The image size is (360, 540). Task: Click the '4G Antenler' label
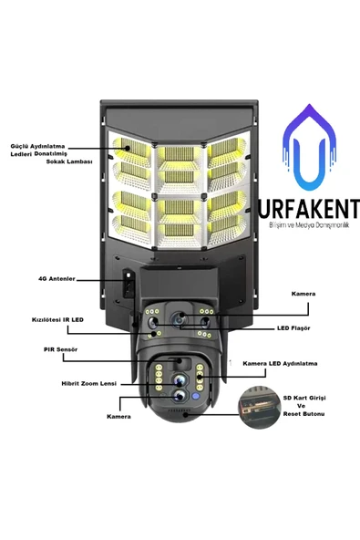pyautogui.click(x=57, y=278)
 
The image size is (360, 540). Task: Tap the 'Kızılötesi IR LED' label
pyautogui.click(x=57, y=320)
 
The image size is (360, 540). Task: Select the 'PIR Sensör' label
pyautogui.click(x=60, y=349)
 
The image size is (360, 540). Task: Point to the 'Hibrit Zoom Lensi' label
pyautogui.click(x=88, y=383)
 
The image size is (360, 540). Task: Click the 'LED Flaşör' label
pyautogui.click(x=293, y=328)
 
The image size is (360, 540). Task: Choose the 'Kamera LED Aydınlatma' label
pyautogui.click(x=280, y=364)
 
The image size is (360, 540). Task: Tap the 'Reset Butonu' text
pyautogui.click(x=303, y=414)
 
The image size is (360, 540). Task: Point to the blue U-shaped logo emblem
pyautogui.click(x=309, y=145)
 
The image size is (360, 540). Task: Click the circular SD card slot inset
pyautogui.click(x=260, y=408)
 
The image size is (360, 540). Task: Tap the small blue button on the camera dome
pyautogui.click(x=196, y=397)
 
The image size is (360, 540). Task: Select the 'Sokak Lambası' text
pyautogui.click(x=69, y=161)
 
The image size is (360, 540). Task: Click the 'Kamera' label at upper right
pyautogui.click(x=303, y=294)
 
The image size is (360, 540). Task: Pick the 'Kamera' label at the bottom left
pyautogui.click(x=118, y=417)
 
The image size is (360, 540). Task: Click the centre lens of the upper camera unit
pyautogui.click(x=179, y=318)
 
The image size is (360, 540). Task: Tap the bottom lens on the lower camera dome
pyautogui.click(x=179, y=397)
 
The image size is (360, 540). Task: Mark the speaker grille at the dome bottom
pyautogui.click(x=179, y=410)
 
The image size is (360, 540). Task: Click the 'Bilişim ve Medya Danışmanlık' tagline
pyautogui.click(x=309, y=225)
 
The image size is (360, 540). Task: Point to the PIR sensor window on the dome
pyautogui.click(x=180, y=363)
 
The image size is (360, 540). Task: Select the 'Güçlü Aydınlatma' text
pyautogui.click(x=37, y=146)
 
